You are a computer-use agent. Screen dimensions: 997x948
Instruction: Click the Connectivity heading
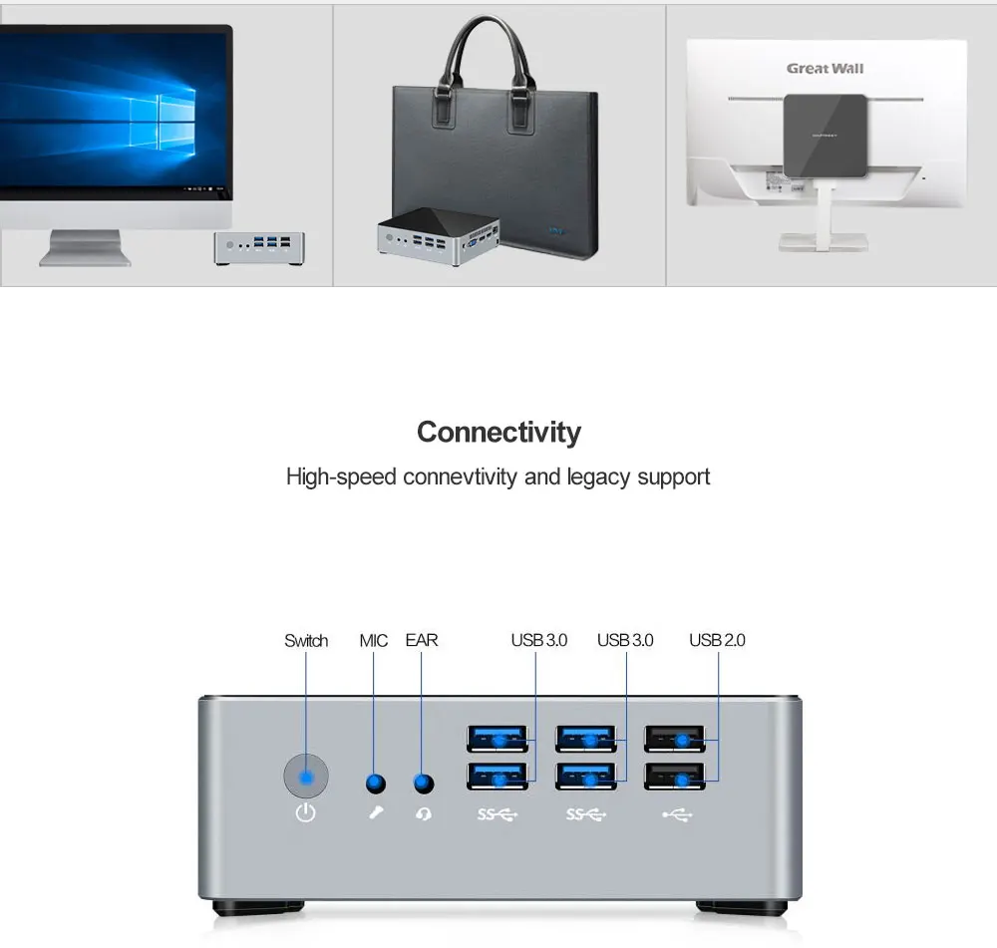tap(498, 433)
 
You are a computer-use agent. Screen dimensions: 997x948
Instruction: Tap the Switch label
tap(306, 640)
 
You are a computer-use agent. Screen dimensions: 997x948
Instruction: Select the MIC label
tap(374, 640)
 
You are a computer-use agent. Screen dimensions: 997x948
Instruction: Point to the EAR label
tap(422, 640)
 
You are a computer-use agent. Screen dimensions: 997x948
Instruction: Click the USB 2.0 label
tap(717, 640)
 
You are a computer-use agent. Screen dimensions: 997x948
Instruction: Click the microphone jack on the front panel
tap(375, 784)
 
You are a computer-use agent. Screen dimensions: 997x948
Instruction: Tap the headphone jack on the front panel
tap(424, 784)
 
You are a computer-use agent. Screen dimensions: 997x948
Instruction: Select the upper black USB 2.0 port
tap(675, 739)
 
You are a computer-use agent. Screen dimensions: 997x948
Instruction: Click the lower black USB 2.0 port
tap(675, 777)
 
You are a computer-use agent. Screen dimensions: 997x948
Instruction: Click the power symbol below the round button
tap(306, 813)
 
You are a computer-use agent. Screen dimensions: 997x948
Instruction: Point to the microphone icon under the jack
tap(375, 814)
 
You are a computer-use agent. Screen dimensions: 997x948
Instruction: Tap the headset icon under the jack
tap(424, 814)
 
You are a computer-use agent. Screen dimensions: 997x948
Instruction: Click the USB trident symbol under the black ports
tap(676, 814)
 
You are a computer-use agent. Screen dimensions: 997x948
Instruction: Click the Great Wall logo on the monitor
tap(825, 69)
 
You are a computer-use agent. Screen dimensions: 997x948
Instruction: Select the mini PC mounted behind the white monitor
tap(824, 134)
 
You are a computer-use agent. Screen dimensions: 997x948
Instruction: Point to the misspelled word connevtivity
tap(461, 476)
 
